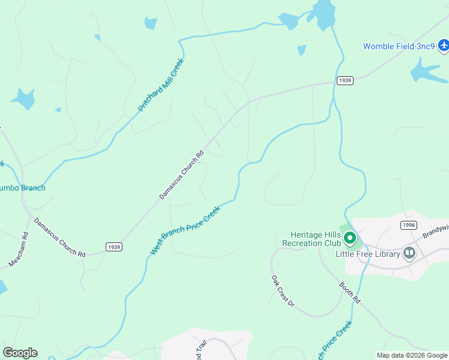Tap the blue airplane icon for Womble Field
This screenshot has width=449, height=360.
tap(444, 45)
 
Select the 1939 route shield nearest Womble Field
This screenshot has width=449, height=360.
tap(345, 80)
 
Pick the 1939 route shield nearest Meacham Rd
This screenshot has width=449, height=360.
tap(113, 247)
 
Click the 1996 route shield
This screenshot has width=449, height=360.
tap(408, 224)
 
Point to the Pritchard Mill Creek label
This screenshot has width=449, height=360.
tap(161, 85)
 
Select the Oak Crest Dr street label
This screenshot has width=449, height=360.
tap(282, 292)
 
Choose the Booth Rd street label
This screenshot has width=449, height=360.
tap(349, 292)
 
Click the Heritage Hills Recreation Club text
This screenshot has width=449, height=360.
tap(307, 239)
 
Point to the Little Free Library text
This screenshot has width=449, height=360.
tap(367, 254)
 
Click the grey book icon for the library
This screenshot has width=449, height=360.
tap(410, 253)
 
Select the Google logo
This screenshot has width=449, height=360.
tap(20, 353)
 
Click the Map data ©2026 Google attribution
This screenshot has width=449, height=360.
tap(412, 355)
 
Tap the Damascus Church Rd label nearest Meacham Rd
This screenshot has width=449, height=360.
tap(59, 238)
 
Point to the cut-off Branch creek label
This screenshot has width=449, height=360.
tap(23, 188)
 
